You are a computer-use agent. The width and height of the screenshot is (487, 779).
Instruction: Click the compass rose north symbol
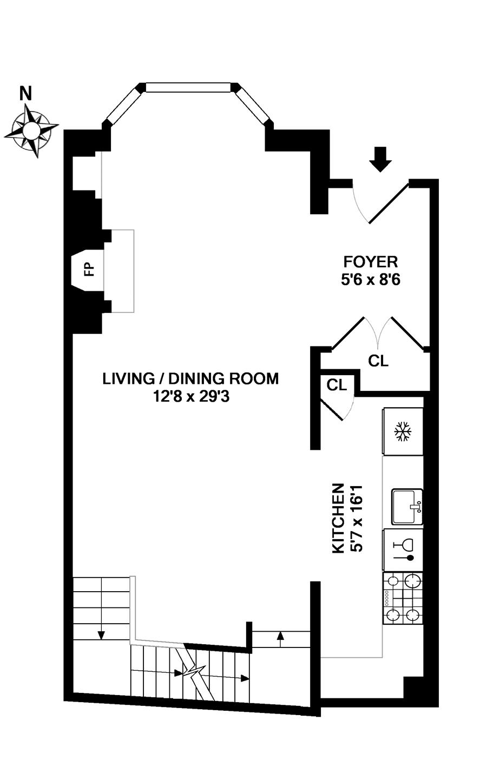coord(31,130)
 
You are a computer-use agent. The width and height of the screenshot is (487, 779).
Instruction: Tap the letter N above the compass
coord(25,93)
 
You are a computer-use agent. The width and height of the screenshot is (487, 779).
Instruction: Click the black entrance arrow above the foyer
coord(380,159)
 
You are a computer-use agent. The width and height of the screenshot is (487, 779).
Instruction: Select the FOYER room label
coord(371,261)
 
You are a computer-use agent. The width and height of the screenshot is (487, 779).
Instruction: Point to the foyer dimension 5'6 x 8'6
coord(371,279)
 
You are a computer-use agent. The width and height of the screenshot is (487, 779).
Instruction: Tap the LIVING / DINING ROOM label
coord(190,379)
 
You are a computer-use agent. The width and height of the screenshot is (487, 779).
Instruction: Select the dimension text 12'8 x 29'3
coord(192,396)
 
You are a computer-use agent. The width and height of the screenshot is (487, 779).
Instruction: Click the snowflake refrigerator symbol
coord(403,431)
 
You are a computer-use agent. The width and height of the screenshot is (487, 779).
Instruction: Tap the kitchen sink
coord(407,507)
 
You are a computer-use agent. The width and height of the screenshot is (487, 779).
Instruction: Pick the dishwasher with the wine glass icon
coord(403,551)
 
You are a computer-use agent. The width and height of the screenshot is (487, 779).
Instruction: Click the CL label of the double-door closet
coord(378,361)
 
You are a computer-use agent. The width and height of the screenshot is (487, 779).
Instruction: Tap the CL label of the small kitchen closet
coord(337,385)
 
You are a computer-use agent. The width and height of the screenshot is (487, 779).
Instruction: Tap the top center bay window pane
coord(188,87)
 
